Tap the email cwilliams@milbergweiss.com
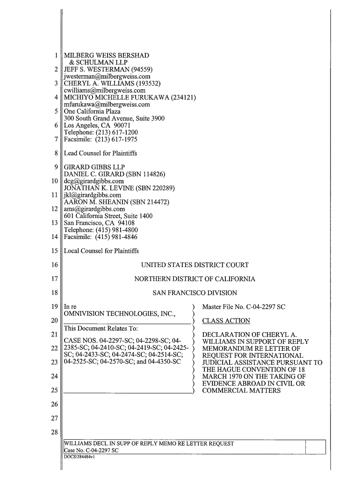point(105,91)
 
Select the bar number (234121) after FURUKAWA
point(180,98)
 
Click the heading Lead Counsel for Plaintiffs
point(100,153)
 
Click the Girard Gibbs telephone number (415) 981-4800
point(114,230)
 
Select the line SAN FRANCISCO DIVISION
point(195,293)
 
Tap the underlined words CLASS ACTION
point(226,321)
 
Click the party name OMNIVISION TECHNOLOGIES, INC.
point(119,314)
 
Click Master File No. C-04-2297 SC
point(244,307)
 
